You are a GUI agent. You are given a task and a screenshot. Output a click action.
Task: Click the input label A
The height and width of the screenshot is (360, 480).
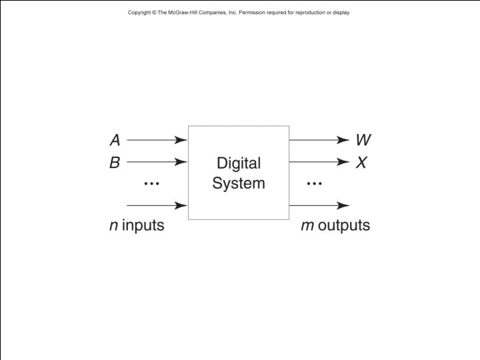tap(115, 141)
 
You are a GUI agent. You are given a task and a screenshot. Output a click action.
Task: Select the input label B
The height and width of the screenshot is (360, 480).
tap(115, 162)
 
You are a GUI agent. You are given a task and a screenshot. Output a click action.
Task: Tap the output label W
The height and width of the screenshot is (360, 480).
tap(363, 141)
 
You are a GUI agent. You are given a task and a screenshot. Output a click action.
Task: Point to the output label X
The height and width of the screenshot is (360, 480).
tap(361, 162)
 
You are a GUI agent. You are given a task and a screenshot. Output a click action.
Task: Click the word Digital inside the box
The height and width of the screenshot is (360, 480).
tap(239, 163)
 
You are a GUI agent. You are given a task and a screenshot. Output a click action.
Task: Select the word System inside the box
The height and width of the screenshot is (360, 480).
tap(239, 183)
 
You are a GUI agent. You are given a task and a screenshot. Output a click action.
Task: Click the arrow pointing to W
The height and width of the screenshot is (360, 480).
tap(319, 140)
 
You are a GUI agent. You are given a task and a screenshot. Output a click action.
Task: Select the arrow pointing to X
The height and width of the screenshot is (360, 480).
tap(319, 162)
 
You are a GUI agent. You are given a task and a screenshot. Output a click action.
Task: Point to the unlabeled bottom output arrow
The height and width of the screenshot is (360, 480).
tap(319, 206)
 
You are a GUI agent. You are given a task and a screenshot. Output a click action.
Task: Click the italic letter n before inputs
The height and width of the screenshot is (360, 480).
tap(113, 226)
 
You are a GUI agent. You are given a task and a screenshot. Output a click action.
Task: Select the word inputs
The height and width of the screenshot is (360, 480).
tap(143, 226)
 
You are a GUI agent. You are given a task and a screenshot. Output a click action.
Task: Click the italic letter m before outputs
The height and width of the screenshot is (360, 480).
tap(307, 226)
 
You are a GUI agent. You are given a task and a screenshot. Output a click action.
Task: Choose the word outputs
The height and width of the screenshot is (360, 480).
tap(344, 226)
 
